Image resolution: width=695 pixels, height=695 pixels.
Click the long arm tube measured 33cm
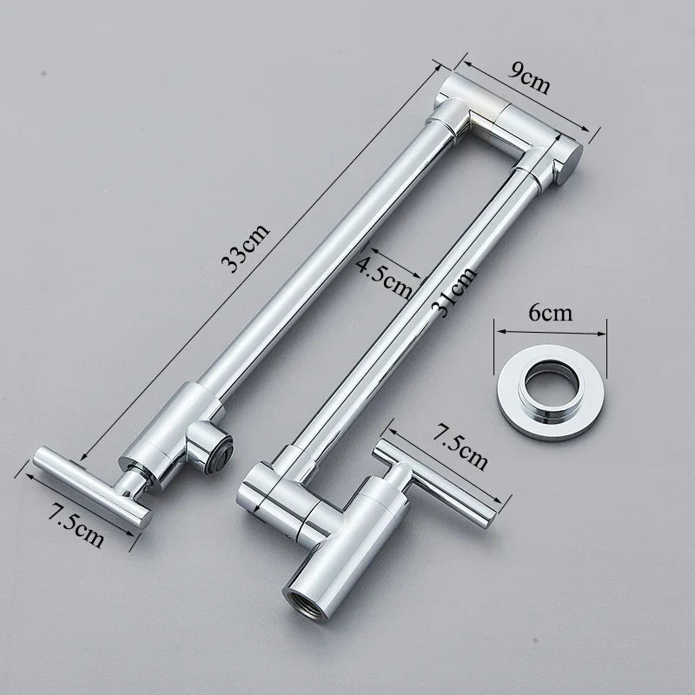(x=313, y=261)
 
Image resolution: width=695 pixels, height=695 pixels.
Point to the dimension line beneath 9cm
(x=531, y=96)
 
